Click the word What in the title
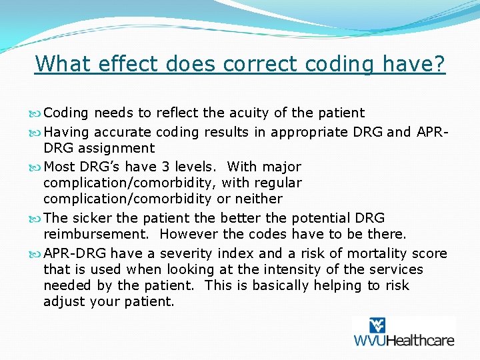pos(61,64)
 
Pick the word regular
pos(276,183)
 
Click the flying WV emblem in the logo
pos(377,325)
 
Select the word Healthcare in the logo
pos(420,339)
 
